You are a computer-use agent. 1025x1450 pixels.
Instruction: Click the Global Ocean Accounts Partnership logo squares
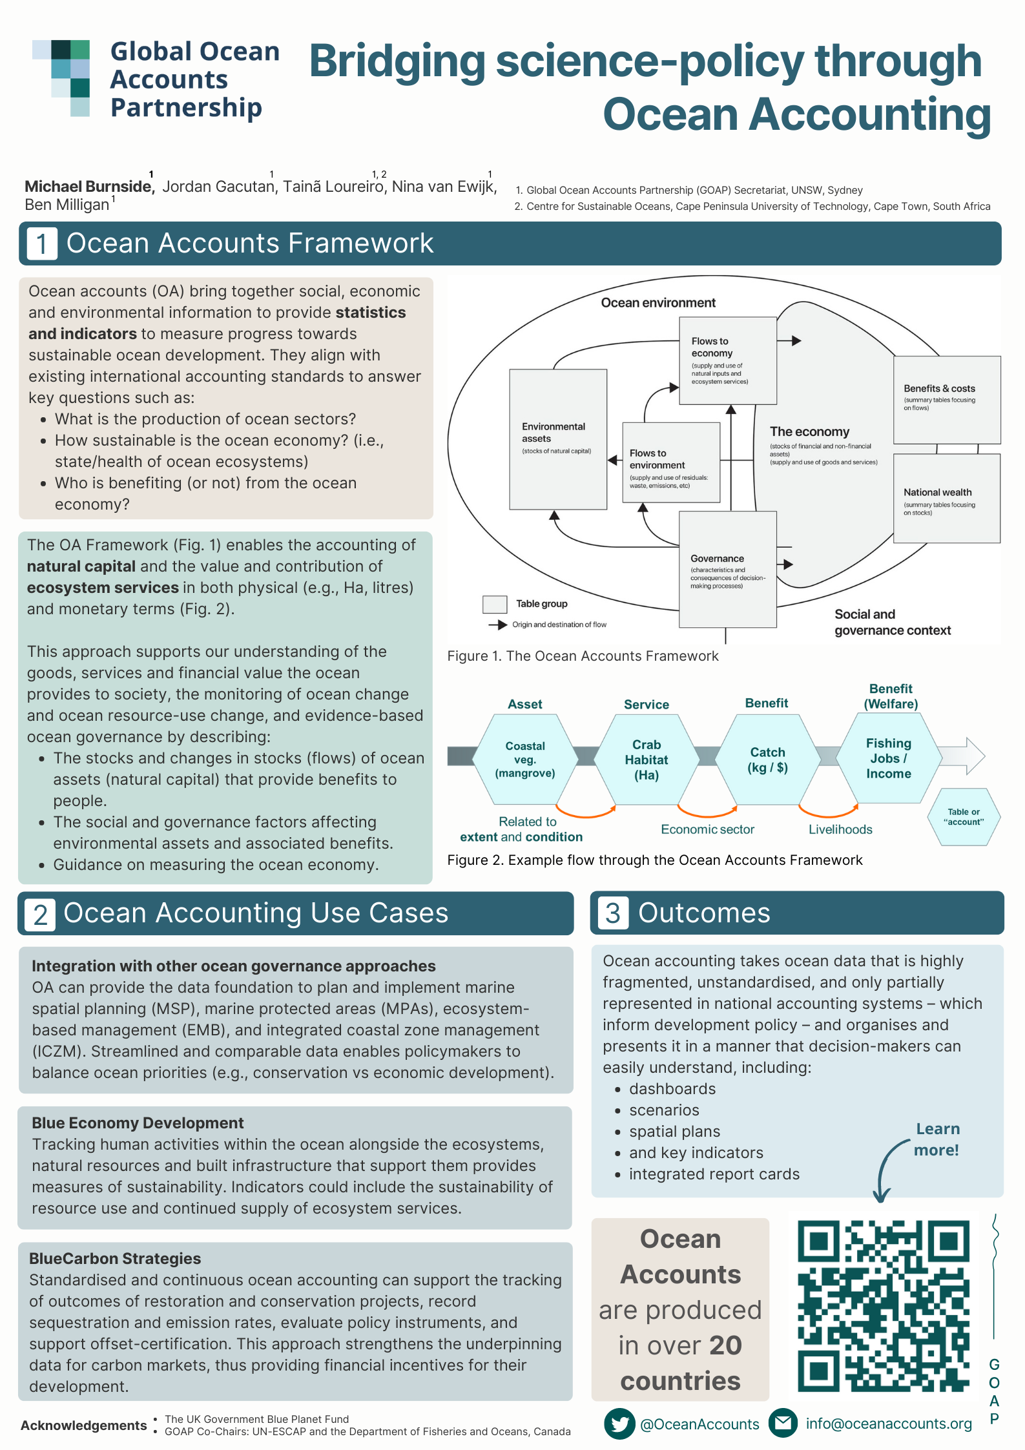(62, 78)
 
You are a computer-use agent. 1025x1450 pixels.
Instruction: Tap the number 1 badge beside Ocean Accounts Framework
(42, 244)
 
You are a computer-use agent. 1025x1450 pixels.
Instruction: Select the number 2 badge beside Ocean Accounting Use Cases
(40, 915)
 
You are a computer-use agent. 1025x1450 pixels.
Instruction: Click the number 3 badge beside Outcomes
(612, 913)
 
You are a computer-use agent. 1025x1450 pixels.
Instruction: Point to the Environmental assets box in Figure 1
(557, 439)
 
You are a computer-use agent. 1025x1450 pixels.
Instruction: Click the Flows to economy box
(727, 360)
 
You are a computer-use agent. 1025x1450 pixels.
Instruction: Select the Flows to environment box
(670, 462)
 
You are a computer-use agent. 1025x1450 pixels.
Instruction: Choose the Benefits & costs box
(946, 399)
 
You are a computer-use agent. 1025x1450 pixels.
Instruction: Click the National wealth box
(946, 499)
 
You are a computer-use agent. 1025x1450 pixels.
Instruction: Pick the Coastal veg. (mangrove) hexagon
(525, 760)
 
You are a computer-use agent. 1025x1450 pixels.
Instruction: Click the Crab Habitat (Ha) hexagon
(646, 760)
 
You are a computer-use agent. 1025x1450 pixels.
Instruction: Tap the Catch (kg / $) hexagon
(767, 760)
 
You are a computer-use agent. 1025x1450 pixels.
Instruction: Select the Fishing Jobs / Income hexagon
(889, 758)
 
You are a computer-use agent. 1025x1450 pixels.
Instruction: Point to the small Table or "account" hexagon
(964, 817)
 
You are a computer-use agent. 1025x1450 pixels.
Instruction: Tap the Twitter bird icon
(619, 1424)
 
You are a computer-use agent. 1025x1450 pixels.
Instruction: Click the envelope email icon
(783, 1423)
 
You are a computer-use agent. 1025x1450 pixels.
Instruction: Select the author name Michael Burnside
(88, 187)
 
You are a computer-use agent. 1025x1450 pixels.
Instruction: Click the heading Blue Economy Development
(138, 1123)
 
